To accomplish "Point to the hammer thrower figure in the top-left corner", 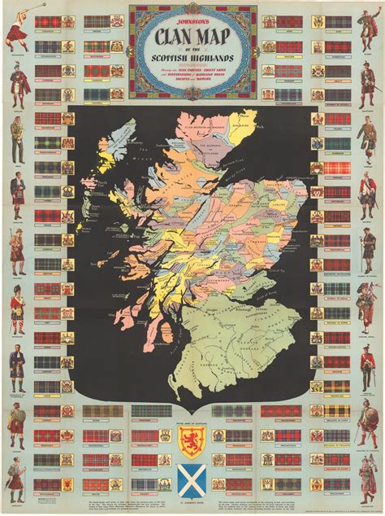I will pyautogui.click(x=16, y=29).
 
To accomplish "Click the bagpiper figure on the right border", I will pyautogui.click(x=369, y=305).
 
